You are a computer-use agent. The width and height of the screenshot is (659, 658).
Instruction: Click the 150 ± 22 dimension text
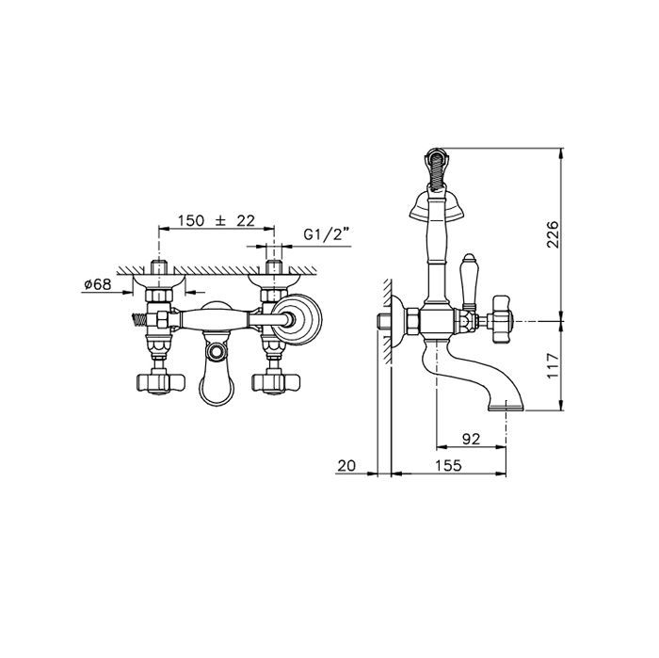pos(216,220)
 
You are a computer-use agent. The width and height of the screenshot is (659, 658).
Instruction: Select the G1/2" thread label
pos(327,234)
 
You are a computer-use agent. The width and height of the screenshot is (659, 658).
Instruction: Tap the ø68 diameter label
pos(98,284)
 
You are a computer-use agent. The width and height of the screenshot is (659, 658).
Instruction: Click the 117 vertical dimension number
pos(554,365)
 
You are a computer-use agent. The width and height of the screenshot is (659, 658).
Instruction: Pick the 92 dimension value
pos(471,439)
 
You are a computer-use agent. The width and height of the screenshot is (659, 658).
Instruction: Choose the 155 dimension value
pos(448,466)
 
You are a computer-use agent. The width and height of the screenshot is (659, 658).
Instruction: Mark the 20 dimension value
pos(346,466)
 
